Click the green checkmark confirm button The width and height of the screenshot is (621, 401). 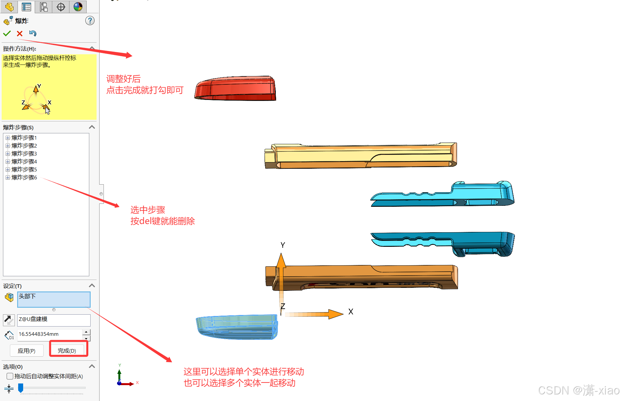click(x=7, y=33)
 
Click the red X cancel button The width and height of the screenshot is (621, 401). click(x=20, y=33)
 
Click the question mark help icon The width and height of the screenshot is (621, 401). click(x=90, y=21)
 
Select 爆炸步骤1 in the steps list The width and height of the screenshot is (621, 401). click(x=24, y=138)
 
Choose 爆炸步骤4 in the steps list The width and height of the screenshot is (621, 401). click(x=24, y=161)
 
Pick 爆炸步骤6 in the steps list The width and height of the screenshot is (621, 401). click(x=24, y=177)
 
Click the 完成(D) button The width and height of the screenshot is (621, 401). click(x=67, y=350)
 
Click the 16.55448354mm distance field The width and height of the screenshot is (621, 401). click(x=50, y=334)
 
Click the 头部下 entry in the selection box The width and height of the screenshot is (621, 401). click(x=27, y=296)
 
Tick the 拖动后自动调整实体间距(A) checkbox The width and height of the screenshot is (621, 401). click(x=10, y=376)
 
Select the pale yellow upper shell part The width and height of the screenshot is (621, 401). click(x=360, y=155)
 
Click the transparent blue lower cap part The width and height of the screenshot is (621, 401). click(x=236, y=327)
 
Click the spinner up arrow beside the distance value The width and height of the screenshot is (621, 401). click(x=86, y=332)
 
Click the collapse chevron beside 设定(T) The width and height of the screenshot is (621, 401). click(x=92, y=286)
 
